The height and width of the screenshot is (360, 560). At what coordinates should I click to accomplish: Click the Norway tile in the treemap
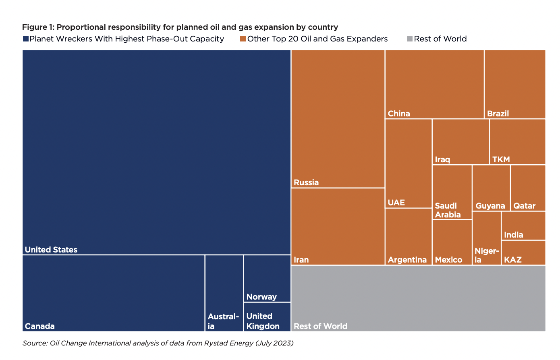tap(267, 278)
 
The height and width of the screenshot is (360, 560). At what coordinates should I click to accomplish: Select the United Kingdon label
tap(263, 321)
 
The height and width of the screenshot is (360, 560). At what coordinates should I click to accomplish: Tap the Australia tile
tap(224, 293)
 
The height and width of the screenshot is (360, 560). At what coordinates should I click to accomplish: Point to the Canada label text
tap(39, 326)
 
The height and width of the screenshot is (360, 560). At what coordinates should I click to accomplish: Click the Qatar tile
tap(528, 188)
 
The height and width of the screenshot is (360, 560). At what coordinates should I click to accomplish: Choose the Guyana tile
tap(491, 188)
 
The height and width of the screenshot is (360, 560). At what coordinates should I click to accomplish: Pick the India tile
tap(523, 226)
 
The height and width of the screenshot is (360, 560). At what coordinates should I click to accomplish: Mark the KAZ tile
tap(523, 253)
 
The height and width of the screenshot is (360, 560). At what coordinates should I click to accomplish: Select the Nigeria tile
tap(486, 238)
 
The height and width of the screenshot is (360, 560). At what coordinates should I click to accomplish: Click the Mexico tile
tap(452, 242)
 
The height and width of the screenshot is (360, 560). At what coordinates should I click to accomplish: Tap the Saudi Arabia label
tap(448, 210)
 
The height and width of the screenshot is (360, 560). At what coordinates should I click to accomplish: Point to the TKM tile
tap(518, 142)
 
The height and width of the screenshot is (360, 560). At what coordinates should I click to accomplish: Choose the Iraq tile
tap(460, 142)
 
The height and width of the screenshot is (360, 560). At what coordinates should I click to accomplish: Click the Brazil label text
tap(498, 114)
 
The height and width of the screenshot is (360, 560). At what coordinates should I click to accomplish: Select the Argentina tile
tap(408, 236)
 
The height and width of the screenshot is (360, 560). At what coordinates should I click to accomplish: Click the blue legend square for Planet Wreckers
tap(26, 39)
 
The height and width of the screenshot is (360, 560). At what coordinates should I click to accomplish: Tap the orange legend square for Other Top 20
tap(243, 39)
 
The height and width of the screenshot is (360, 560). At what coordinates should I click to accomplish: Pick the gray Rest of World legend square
tap(410, 39)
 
